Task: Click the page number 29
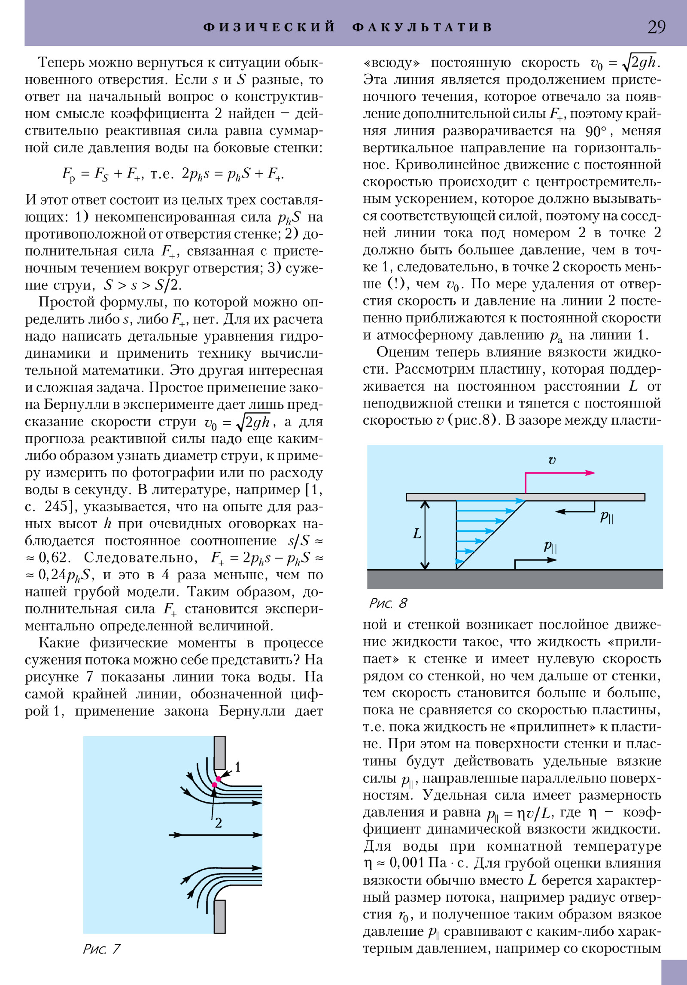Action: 657,27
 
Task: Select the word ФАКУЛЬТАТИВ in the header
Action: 423,27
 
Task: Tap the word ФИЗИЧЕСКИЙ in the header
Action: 269,27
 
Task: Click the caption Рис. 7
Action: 102,949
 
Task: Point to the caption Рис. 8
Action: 388,603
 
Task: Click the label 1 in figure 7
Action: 237,767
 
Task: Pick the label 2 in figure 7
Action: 218,822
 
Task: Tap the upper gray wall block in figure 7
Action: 219,752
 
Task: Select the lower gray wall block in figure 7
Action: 219,916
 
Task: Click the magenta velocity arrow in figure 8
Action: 558,473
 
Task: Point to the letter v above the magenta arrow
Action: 552,460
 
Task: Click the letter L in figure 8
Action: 416,534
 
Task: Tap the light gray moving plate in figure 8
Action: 525,497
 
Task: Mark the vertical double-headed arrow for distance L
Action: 425,535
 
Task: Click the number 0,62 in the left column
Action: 53,557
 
